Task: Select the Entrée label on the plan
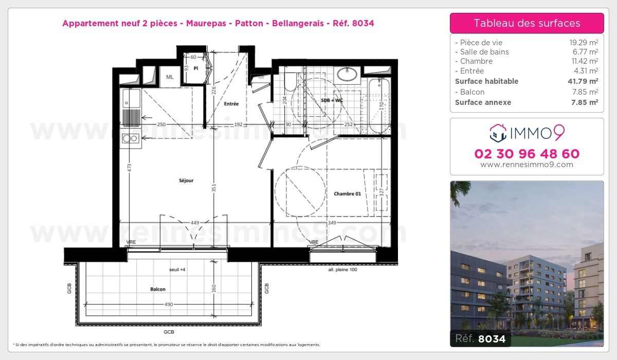[x=231, y=104]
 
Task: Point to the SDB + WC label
[x=332, y=100]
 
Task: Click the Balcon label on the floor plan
[x=158, y=289]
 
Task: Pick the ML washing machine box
[x=169, y=77]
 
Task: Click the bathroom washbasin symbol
[x=348, y=74]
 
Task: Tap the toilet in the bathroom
[x=290, y=82]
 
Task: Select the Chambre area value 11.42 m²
[x=586, y=61]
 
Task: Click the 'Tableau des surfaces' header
[x=527, y=23]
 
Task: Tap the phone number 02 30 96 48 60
[x=527, y=154]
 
